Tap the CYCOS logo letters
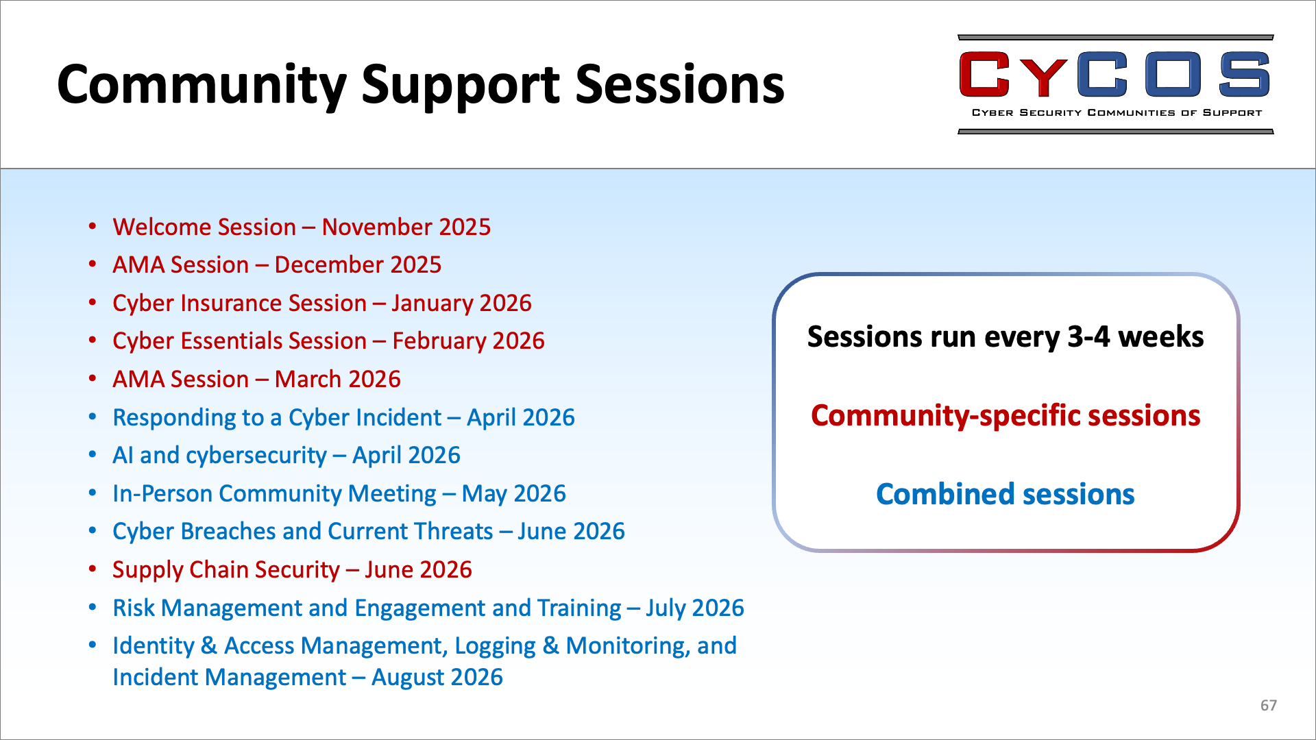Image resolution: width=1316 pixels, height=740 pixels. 1114,74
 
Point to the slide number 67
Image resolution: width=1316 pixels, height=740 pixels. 1269,705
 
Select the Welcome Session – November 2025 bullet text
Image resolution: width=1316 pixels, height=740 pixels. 302,227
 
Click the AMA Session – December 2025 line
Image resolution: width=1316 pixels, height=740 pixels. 277,264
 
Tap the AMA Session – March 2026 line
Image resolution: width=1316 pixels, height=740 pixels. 256,379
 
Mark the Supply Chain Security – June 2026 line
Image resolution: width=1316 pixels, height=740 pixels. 292,570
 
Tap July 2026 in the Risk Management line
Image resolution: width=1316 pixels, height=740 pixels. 694,608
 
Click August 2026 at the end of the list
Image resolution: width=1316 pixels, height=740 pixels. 437,678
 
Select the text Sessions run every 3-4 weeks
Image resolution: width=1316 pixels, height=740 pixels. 1006,337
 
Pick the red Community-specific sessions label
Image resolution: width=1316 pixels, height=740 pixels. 1006,416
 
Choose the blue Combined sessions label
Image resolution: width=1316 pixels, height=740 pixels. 1006,494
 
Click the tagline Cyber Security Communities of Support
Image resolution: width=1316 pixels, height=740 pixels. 1117,112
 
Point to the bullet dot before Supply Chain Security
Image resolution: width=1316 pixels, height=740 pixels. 93,569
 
